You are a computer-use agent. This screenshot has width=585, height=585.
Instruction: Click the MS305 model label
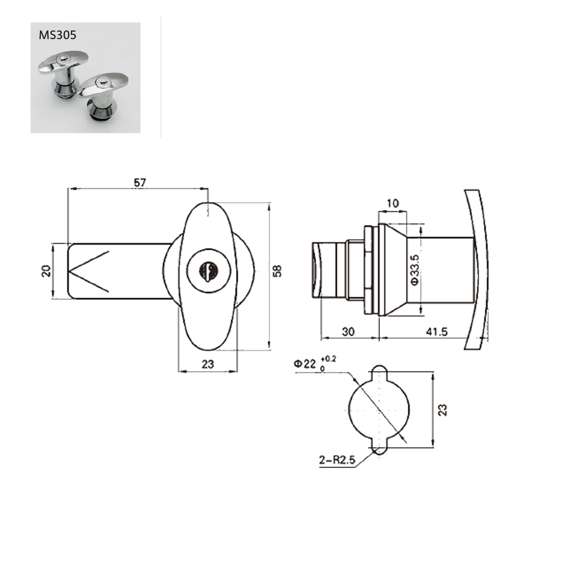tap(58, 35)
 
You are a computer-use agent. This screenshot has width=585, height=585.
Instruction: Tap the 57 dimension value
tap(140, 183)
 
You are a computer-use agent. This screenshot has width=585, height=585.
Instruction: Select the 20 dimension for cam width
tap(46, 271)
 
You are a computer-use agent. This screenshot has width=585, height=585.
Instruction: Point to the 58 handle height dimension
tap(277, 270)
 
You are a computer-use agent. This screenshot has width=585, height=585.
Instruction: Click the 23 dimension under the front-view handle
tap(208, 364)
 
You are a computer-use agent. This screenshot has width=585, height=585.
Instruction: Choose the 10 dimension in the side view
tap(392, 203)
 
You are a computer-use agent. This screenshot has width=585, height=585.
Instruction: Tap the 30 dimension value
tap(348, 332)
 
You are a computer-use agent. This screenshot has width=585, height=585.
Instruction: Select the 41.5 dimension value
tap(437, 332)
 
